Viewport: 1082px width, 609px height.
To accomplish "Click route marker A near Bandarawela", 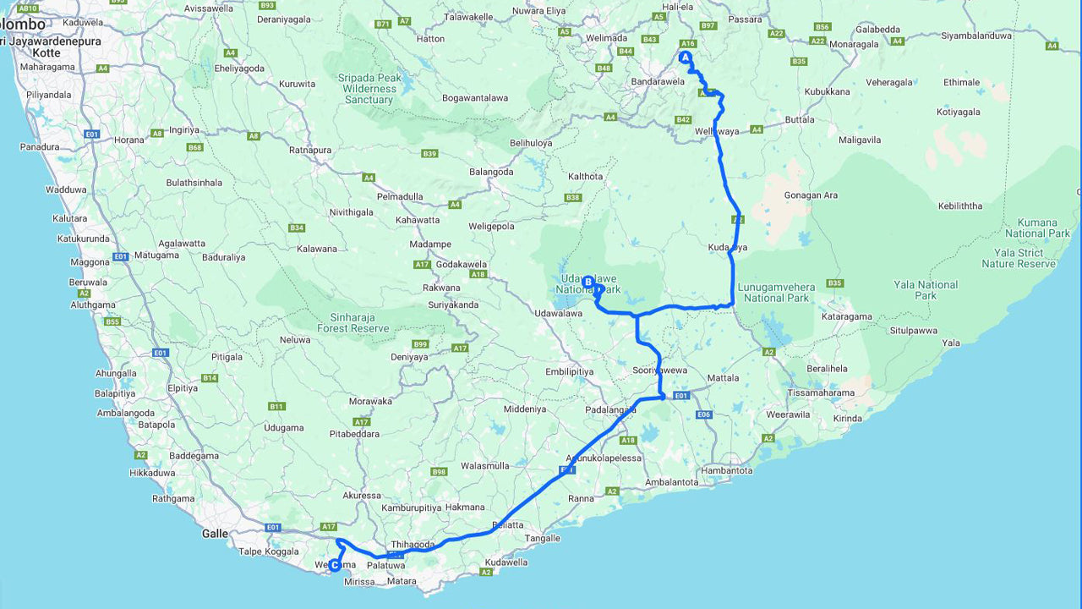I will click(x=686, y=58).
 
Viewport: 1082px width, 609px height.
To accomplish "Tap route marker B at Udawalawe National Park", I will click(x=588, y=282).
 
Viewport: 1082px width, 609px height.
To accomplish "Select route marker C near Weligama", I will click(x=335, y=565).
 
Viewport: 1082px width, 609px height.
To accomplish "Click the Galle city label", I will click(x=215, y=534).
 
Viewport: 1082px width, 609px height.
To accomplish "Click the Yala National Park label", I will click(x=926, y=290).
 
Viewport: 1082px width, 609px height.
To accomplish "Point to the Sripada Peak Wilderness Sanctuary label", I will click(x=369, y=89).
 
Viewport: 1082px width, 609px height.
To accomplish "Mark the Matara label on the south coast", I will click(x=402, y=581).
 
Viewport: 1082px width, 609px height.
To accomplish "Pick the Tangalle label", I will click(x=543, y=538).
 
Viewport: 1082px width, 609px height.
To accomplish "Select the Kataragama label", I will click(x=847, y=317).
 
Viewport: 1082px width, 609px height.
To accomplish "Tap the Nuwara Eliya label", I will click(x=539, y=11).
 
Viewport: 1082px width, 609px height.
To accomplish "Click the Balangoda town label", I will click(x=491, y=172).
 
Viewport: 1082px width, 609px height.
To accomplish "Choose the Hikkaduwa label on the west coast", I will click(x=152, y=473).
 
